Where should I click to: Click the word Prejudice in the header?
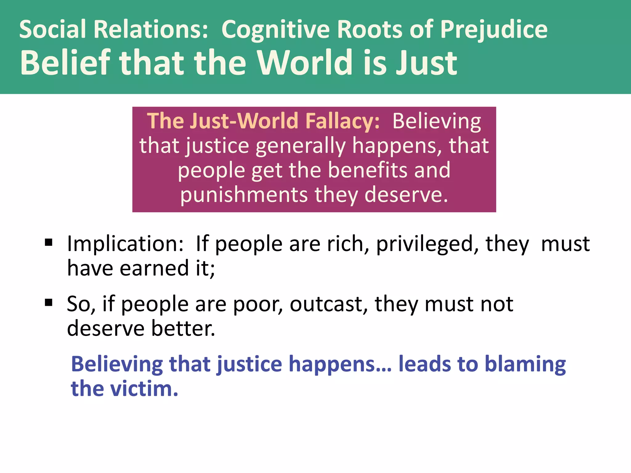[x=494, y=30]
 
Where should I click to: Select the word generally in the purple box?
[x=301, y=146]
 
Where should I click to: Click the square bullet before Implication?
[x=48, y=242]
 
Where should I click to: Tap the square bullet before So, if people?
[x=48, y=303]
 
